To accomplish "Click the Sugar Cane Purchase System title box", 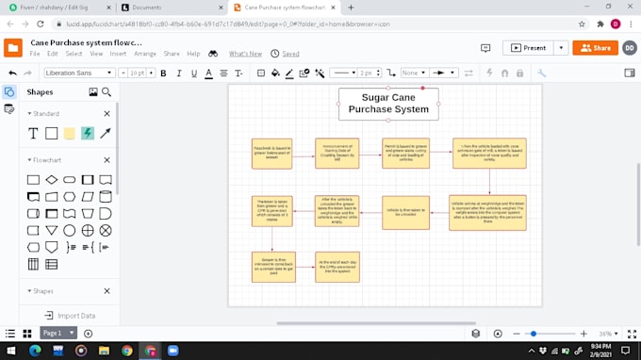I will click(388, 104).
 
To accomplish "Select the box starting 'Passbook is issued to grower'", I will click(271, 153).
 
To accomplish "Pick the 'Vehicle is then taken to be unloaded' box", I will click(403, 212).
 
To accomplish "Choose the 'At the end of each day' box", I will click(337, 267).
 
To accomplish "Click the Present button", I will click(529, 47).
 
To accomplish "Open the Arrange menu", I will click(145, 54).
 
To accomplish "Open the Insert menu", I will click(118, 54).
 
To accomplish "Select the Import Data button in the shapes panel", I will click(70, 316).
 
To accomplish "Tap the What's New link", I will click(245, 54).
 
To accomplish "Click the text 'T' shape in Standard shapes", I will click(33, 134).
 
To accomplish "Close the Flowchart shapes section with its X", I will click(107, 160).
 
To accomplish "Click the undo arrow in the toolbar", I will click(13, 73).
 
